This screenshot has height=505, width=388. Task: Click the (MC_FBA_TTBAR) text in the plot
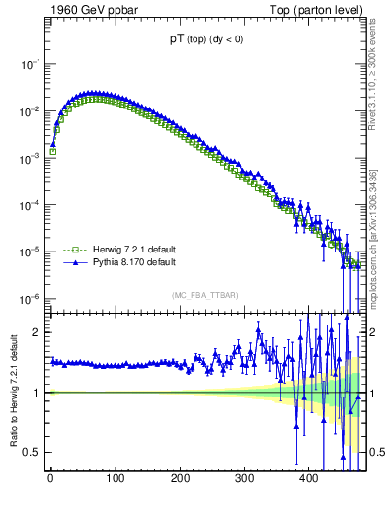click(x=205, y=295)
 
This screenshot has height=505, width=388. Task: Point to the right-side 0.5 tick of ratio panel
click(x=376, y=452)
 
